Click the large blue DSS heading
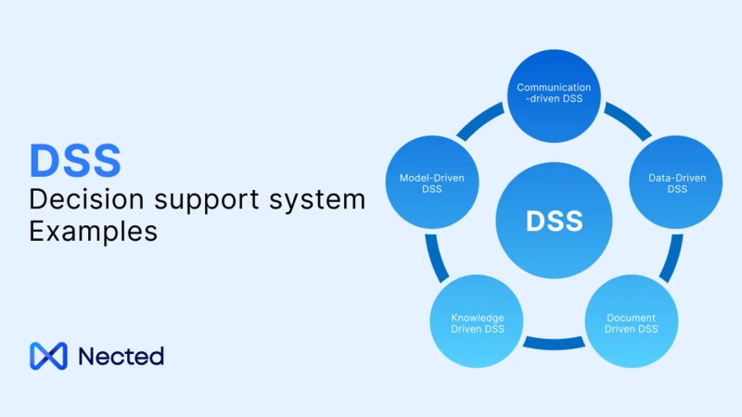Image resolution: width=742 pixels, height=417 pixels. [74, 159]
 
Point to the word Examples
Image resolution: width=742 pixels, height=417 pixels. [93, 232]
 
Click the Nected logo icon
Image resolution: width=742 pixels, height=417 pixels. [48, 356]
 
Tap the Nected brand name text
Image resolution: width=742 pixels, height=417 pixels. [121, 356]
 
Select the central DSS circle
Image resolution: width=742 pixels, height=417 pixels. [554, 221]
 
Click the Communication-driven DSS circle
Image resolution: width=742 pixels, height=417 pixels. [554, 93]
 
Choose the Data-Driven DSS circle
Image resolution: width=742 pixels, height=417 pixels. [677, 183]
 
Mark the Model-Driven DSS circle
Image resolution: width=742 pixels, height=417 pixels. [430, 183]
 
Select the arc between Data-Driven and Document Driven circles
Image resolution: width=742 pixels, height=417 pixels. [672, 259]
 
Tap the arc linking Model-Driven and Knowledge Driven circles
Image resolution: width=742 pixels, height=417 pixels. [436, 259]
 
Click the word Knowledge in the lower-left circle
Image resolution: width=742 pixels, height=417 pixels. [478, 318]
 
